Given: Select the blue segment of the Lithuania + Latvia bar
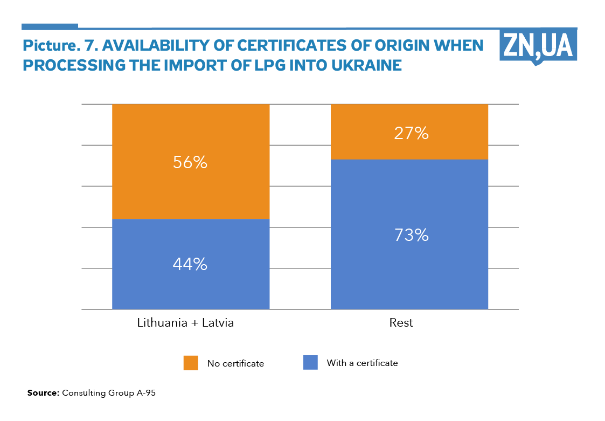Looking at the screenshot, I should coord(190,286).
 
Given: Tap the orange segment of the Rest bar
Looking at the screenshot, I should coord(409,116).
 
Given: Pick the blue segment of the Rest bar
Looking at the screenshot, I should coord(409,270).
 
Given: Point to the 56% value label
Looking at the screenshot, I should coord(190,162).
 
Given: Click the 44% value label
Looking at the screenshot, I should coord(190,264).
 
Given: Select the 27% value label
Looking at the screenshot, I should coord(411,133).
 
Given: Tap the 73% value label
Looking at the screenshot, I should coord(411,235).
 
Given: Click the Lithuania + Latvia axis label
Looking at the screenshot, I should coord(185,323).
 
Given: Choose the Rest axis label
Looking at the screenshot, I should coord(401,323).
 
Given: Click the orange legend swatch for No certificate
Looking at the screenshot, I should coord(191,363).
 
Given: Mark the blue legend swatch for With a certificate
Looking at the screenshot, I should coord(310,362).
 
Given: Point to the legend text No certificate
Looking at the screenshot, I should coord(235,363).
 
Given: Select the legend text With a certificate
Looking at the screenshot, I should coord(362,363).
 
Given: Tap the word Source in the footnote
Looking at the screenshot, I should coord(43,393).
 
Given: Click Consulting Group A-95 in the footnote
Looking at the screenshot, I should coord(109,393).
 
